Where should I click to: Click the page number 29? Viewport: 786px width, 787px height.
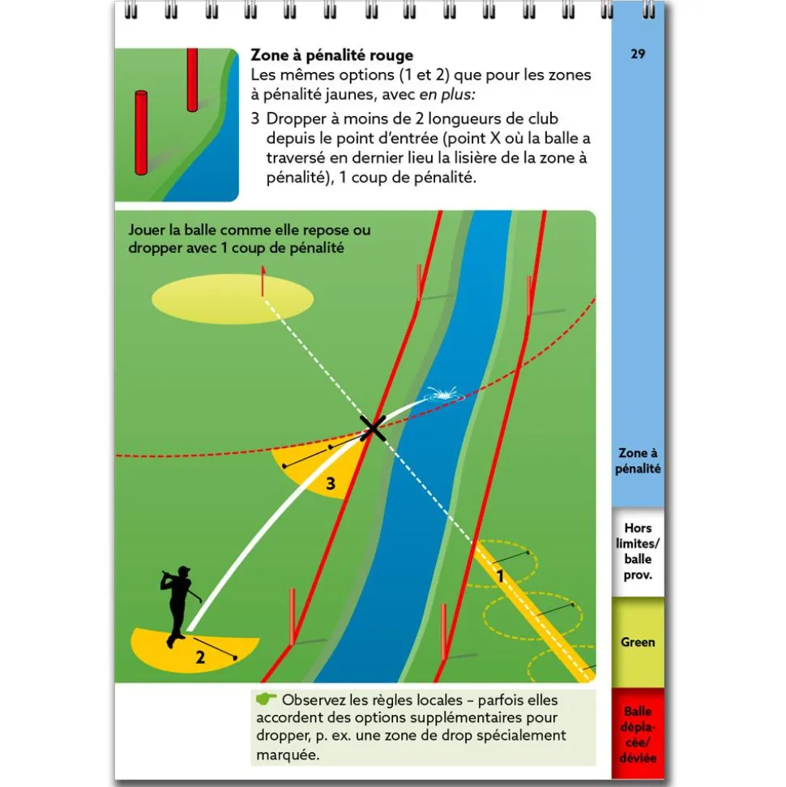[x=638, y=54]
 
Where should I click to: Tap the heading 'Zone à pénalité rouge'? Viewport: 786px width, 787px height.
[x=332, y=55]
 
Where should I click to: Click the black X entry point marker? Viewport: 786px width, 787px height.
[x=373, y=427]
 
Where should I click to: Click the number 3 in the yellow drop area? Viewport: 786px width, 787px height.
[x=330, y=484]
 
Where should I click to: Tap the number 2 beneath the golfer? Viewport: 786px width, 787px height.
[x=200, y=657]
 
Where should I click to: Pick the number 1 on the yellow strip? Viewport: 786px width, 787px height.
[x=501, y=577]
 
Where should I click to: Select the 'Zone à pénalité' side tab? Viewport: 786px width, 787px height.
[x=638, y=461]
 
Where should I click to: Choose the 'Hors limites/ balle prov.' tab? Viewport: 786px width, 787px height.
[x=638, y=552]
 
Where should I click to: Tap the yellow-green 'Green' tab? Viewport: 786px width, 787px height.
[x=638, y=642]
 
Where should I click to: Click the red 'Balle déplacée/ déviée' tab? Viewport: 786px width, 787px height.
[x=638, y=734]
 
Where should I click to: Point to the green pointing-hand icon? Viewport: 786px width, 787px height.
[x=266, y=699]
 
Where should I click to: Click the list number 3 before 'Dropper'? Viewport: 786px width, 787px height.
[x=255, y=119]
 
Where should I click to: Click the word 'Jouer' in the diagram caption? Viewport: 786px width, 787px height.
[x=146, y=230]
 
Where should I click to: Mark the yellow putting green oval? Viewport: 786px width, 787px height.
[x=233, y=300]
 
